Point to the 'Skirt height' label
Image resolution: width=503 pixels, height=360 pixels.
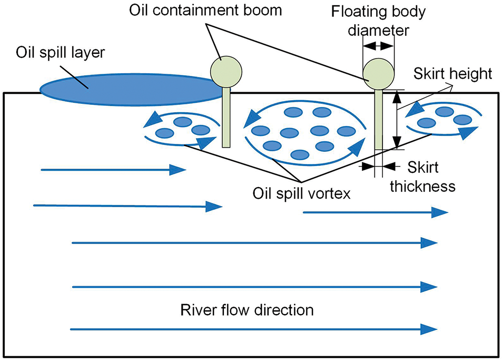452,73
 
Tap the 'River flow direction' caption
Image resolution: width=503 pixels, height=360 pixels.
246,309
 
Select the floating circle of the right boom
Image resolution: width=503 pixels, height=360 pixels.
378,73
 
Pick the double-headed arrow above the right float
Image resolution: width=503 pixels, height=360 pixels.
378,46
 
